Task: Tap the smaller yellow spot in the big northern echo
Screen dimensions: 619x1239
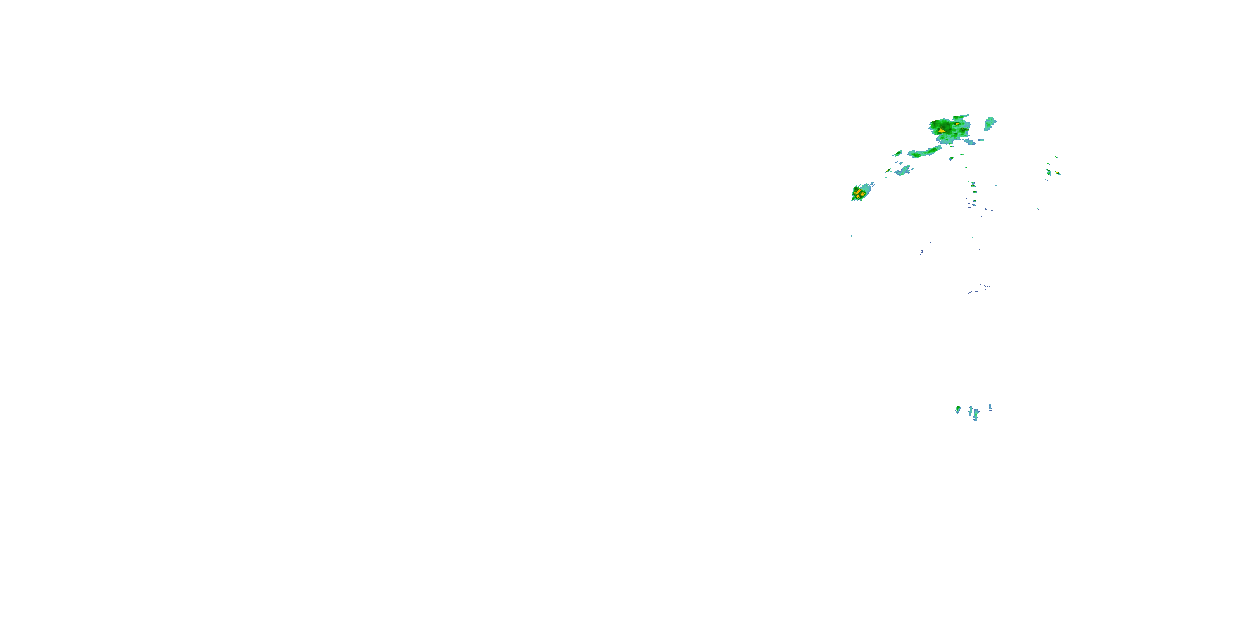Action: (x=957, y=123)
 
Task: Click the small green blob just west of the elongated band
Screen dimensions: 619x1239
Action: (x=897, y=154)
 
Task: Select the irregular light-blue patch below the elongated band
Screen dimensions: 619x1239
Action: (x=903, y=170)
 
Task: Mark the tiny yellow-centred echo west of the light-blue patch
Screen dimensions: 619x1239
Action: (x=889, y=170)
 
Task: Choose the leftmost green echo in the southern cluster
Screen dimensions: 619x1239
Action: (x=958, y=409)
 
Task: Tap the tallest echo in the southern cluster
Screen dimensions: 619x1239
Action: (x=976, y=415)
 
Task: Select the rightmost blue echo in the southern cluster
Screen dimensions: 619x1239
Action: (x=990, y=407)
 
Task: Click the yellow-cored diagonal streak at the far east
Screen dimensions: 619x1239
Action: (x=1058, y=173)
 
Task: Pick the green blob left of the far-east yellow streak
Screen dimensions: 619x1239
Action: (x=1049, y=172)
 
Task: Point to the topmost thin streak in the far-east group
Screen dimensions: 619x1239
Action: (x=1056, y=157)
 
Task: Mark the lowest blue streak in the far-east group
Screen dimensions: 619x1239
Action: (x=1047, y=180)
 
